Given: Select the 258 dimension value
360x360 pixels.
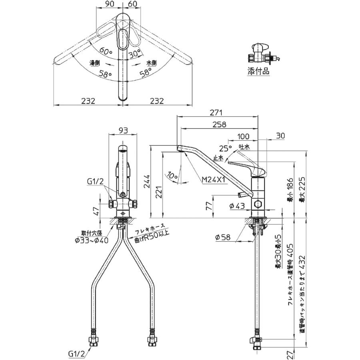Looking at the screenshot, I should [x=219, y=124].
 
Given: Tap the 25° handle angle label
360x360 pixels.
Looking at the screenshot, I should [x=226, y=149].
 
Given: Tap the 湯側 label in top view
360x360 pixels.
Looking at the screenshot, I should [x=95, y=63].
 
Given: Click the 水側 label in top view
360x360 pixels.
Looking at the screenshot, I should [x=150, y=63].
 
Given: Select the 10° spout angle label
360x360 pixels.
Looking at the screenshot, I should [x=172, y=175].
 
